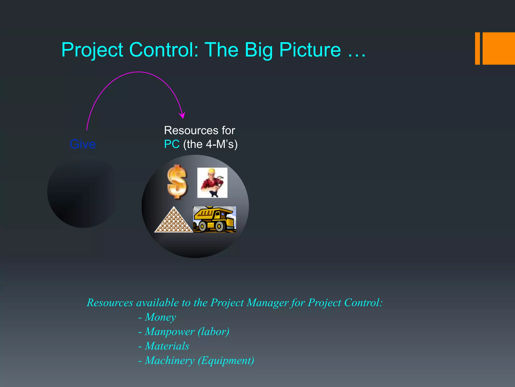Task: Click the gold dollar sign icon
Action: pos(177,182)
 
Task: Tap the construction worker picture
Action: pos(212,183)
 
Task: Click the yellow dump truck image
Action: pos(214,219)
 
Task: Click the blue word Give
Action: pos(83,144)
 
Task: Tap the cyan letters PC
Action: pos(172,144)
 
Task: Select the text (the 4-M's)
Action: pos(210,144)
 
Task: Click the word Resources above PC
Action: pos(191,131)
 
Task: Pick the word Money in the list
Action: pos(160,317)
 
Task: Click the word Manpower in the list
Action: pos(170,332)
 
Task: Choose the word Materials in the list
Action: pos(167,346)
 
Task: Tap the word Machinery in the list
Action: pos(170,361)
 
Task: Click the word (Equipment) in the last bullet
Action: pos(226,361)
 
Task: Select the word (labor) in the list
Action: pos(213,332)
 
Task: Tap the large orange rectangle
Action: pos(499,48)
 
